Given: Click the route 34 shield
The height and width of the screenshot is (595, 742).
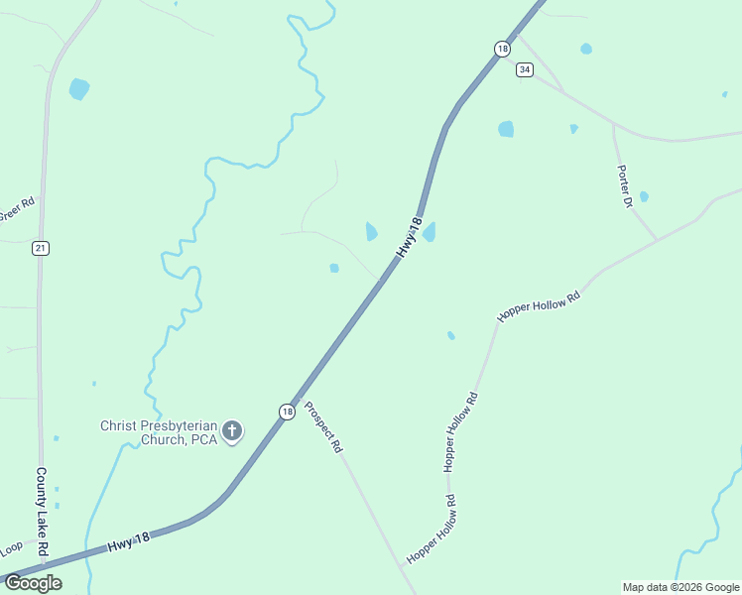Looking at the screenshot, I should coord(524,69).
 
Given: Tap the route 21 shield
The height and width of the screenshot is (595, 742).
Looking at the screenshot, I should coord(40,248).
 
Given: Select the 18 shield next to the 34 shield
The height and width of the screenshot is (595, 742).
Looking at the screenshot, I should coord(502,48).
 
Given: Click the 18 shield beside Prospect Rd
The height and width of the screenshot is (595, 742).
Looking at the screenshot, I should coord(287,412).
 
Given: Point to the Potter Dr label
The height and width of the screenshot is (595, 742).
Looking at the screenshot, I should coord(625,186).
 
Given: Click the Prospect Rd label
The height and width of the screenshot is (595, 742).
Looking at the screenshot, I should coord(323,426).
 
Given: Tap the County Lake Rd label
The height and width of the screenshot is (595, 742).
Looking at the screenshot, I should coord(42,512).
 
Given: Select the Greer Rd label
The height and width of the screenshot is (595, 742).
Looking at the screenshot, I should coord(17,209).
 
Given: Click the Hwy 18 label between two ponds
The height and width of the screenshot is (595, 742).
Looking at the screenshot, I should coord(409,238).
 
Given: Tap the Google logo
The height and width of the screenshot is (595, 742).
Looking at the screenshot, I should coord(32,582).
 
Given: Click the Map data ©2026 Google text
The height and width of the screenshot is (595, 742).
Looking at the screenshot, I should coord(680,587).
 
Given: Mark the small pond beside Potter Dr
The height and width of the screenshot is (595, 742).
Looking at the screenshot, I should coord(644,196).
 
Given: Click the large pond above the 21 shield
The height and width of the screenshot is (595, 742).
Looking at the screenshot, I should coord(79,89).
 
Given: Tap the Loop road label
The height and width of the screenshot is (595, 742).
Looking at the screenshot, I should coord(11,547).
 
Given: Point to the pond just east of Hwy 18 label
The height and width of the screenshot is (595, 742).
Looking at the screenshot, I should coord(430,233).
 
